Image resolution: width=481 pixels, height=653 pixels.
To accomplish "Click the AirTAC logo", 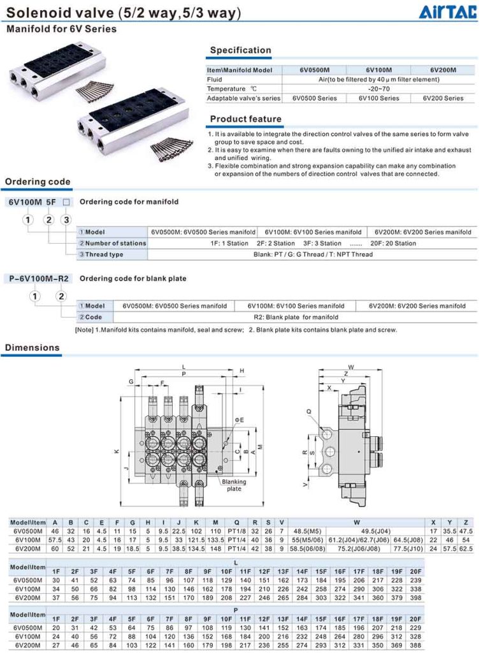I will (448, 12).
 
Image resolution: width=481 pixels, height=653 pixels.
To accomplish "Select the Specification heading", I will (240, 50).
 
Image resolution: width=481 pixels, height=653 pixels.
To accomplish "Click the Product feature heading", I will (245, 119).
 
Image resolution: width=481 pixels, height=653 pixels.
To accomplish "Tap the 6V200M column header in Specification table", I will (443, 70).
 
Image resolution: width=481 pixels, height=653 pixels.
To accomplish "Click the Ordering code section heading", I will (38, 182).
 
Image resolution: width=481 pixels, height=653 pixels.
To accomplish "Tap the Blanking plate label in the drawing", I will (233, 485).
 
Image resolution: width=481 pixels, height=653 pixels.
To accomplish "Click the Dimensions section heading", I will (32, 348).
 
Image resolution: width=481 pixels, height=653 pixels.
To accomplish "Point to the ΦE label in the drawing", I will (240, 420).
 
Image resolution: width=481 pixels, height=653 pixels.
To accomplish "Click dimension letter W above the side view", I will (351, 367).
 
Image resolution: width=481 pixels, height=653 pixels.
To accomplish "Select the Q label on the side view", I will (309, 412).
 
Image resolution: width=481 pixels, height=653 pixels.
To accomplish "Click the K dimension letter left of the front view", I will (117, 451).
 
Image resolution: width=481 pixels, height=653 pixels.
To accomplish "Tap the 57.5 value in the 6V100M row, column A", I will (55, 539).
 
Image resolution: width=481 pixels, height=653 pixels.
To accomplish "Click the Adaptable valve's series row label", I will (243, 98).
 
